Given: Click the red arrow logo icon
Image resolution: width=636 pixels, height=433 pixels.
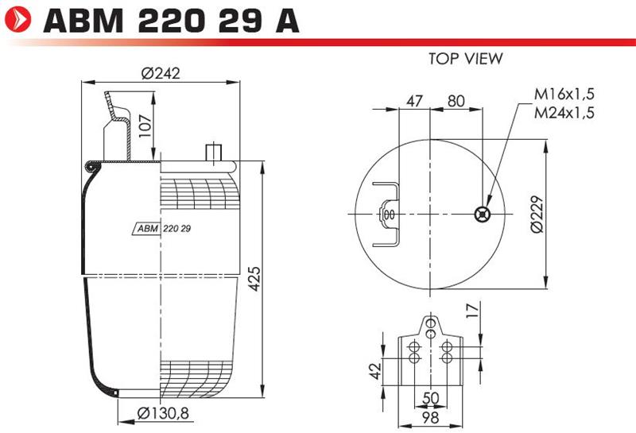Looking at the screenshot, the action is [x=17, y=19].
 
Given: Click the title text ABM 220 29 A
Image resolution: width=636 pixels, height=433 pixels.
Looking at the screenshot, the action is [x=171, y=21].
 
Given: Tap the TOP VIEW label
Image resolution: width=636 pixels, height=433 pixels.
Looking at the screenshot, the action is [x=466, y=58].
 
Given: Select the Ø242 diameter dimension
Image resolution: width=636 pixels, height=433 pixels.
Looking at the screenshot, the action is [x=161, y=73].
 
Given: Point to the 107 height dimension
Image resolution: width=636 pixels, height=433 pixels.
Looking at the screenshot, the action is [x=145, y=126].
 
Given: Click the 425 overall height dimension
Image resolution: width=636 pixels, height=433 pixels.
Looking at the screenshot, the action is [x=254, y=279].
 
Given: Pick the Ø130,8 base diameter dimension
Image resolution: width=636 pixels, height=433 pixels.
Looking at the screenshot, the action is [x=163, y=413].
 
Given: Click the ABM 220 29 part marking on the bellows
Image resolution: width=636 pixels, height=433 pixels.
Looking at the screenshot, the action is [x=162, y=229].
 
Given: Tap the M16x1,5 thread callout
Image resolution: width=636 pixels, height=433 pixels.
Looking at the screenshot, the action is [x=564, y=94].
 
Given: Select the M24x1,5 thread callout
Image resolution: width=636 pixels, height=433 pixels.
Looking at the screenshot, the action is [x=564, y=112].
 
